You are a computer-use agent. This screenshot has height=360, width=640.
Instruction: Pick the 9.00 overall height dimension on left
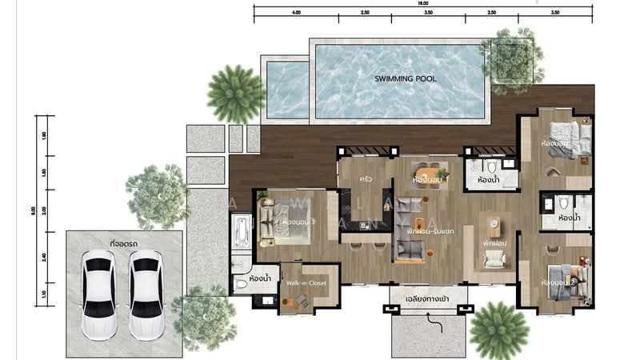tap(33, 211)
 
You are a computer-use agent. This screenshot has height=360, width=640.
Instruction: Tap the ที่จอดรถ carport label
tap(124, 240)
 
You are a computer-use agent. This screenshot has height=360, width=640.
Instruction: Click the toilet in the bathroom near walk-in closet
tap(242, 284)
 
